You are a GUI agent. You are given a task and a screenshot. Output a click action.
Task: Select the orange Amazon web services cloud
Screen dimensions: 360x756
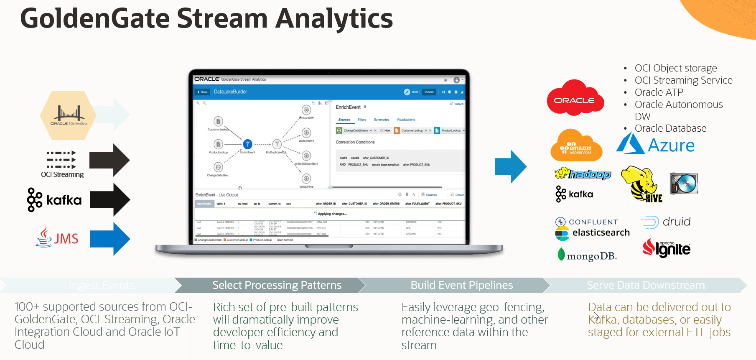(576, 146)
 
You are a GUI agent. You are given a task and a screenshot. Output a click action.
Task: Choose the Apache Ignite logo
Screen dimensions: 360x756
(667, 248)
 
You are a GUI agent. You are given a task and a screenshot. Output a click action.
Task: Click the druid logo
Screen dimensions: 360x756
(665, 222)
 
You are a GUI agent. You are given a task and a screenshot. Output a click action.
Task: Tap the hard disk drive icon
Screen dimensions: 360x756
(684, 183)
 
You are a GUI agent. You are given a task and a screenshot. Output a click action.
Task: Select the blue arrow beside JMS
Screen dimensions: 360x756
(110, 239)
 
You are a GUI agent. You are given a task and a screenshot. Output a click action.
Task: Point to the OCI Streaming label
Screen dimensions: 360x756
(62, 174)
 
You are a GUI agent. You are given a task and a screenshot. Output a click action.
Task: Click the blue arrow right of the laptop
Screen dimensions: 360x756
(510, 166)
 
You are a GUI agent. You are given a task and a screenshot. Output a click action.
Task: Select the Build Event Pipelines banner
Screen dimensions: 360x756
(461, 285)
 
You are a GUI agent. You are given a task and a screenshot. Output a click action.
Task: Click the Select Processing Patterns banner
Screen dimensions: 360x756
(277, 285)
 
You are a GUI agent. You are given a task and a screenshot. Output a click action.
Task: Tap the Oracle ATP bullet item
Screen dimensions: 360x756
(659, 92)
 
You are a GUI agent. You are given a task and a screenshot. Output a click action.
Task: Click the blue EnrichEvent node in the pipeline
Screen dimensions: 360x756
(247, 144)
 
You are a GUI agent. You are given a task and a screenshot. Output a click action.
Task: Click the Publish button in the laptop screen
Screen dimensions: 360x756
(429, 92)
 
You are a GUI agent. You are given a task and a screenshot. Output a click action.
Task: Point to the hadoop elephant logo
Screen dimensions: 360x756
(583, 174)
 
